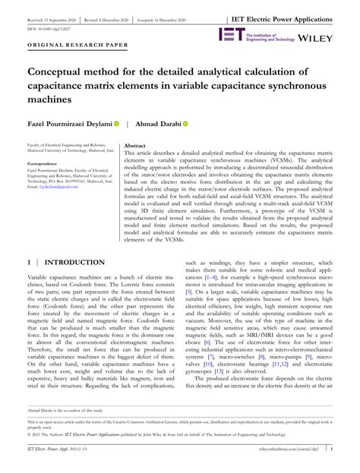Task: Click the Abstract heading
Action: tap(134, 144)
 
